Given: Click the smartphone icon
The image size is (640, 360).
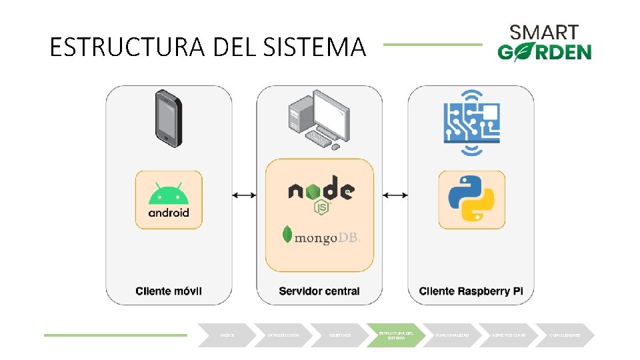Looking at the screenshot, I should coord(169,119).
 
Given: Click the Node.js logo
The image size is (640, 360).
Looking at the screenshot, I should coord(321,193).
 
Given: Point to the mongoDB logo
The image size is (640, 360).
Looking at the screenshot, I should coord(321,235).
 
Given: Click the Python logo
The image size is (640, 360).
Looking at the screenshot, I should coord(471,200).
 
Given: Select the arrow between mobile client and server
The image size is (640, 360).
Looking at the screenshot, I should coord(244,195).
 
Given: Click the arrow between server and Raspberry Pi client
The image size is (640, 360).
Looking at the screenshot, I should coord(395,195).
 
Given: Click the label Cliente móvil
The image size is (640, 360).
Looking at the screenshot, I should coord(169,291).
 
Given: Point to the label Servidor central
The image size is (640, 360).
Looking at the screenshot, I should coord(319,291).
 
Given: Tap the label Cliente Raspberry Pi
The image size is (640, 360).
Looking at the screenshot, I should coord(470,291).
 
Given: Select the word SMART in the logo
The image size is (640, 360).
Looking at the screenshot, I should coord(544,32).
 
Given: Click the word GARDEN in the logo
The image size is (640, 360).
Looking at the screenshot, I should coord(544,52).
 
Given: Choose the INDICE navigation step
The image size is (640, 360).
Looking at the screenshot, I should coord(227,335).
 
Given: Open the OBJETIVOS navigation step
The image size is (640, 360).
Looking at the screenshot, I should coord(340,335).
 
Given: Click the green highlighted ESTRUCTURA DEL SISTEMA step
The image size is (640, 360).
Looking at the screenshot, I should coord(396,335).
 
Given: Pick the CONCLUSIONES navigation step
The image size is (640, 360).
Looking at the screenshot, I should coord(565,335).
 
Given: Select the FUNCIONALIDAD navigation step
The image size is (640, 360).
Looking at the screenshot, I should coord(453,335).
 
